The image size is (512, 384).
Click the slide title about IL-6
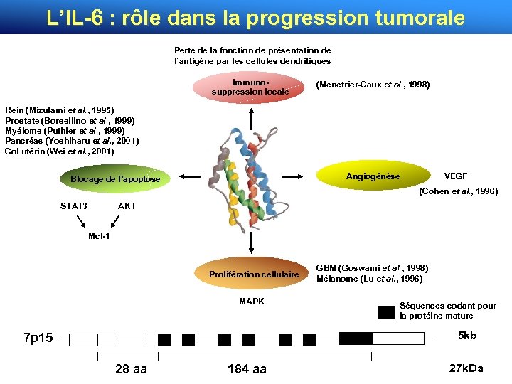tap(255, 17)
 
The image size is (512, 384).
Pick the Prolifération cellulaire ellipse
tap(254, 274)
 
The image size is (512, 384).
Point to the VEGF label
tap(455, 176)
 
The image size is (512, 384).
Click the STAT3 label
tap(74, 206)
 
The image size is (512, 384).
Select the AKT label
tap(127, 206)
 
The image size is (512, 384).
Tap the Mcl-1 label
tap(99, 235)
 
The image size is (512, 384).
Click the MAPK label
tap(252, 302)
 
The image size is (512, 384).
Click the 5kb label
tap(467, 335)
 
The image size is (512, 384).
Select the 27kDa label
tap(466, 368)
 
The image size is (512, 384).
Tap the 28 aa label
tap(131, 369)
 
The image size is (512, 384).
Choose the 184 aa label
tap(247, 369)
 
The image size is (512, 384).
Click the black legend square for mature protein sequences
tap(386, 311)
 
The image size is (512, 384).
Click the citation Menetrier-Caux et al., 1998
tap(373, 85)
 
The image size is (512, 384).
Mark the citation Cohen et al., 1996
tap(459, 192)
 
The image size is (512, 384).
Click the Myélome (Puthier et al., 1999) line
tap(65, 131)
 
